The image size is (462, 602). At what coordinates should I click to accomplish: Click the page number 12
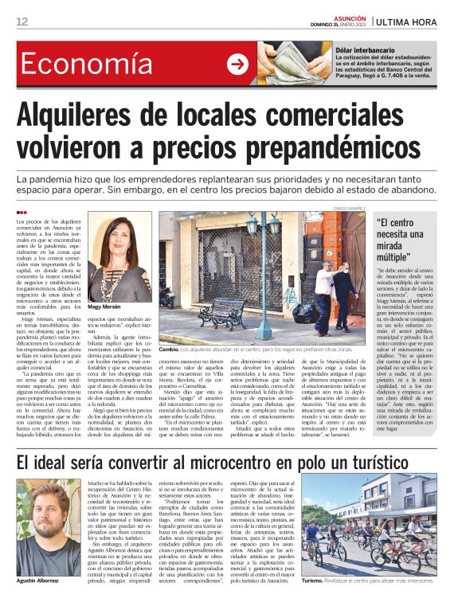tap(22, 21)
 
